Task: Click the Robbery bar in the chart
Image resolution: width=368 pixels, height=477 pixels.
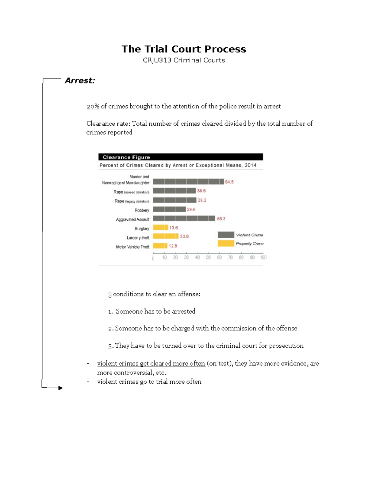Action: [169, 209]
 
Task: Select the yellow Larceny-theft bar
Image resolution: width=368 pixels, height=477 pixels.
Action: [166, 236]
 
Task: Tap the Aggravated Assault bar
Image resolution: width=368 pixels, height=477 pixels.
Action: [184, 218]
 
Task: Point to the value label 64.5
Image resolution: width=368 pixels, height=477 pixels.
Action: [229, 182]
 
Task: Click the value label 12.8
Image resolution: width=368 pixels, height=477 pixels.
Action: [173, 246]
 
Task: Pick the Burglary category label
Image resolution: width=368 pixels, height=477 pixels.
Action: [142, 229]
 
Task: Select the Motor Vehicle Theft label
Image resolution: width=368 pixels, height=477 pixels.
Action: [132, 247]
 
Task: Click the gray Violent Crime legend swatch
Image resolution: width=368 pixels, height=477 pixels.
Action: [226, 235]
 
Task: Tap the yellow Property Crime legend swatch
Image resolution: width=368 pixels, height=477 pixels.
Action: [226, 244]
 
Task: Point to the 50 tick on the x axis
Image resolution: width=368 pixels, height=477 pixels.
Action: [208, 257]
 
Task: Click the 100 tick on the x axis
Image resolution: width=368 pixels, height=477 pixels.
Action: [263, 257]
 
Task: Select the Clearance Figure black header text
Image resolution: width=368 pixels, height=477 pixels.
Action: [126, 157]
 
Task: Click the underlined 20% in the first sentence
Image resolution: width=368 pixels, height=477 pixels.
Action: [93, 106]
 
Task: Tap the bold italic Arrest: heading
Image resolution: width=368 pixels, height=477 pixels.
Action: [80, 80]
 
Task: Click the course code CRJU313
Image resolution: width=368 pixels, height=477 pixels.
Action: [157, 60]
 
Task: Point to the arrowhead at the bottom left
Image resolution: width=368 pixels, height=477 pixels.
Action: [60, 388]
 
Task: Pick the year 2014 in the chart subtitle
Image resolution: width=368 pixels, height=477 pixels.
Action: [251, 165]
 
